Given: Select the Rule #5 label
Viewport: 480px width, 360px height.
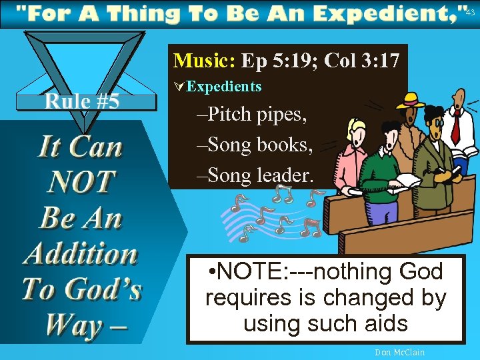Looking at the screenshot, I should click(82, 101).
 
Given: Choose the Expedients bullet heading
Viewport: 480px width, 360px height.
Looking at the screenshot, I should click(224, 87).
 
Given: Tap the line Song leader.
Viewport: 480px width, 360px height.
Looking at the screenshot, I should click(255, 175).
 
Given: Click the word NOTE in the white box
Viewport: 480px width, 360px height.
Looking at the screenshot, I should click(253, 272).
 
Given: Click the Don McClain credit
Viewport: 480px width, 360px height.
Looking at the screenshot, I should click(400, 352).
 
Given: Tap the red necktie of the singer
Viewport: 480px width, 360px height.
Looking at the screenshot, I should click(456, 126).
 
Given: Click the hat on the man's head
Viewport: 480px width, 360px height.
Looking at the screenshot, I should click(410, 101).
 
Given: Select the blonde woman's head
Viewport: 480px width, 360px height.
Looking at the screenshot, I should click(356, 133).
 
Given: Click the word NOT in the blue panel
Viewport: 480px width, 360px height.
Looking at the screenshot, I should click(81, 181).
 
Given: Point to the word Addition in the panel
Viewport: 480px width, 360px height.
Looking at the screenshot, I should click(80, 253).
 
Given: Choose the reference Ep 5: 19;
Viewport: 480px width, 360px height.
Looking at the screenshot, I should click(279, 61).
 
